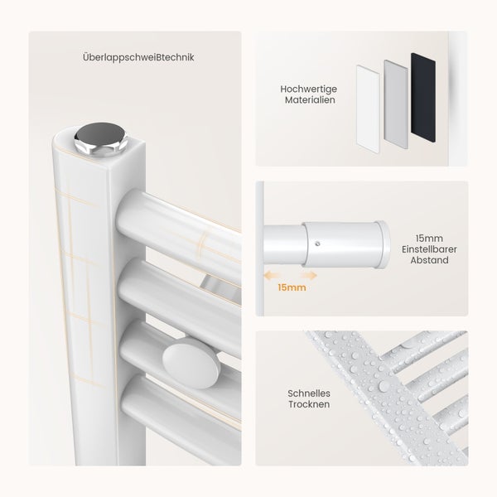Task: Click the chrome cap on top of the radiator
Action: (x=101, y=139)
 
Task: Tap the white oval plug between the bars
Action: (x=191, y=363)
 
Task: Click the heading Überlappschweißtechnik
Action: (x=138, y=58)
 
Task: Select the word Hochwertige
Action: (x=308, y=89)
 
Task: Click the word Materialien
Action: (x=310, y=100)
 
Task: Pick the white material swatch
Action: (x=368, y=109)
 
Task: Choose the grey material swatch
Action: (x=396, y=104)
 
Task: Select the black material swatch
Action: (x=423, y=97)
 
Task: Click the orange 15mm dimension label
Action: (x=292, y=287)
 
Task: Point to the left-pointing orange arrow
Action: (x=272, y=276)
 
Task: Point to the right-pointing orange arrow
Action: (x=309, y=276)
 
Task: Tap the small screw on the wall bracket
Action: (x=318, y=244)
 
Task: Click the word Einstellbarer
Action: (x=429, y=249)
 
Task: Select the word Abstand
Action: (x=429, y=260)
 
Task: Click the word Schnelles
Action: (x=309, y=393)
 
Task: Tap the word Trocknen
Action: (x=309, y=404)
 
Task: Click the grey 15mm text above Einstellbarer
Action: (x=429, y=239)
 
